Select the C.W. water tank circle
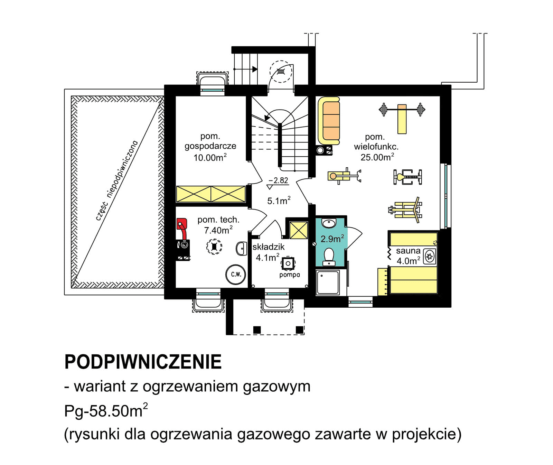236,275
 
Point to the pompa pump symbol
288,264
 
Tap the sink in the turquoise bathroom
329,223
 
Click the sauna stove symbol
430,257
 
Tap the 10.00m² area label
210,158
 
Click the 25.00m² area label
377,157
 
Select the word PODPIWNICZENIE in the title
143,362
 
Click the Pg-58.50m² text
106,411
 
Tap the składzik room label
268,247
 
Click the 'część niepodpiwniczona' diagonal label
116,180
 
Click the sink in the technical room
241,249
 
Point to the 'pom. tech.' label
218,220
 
